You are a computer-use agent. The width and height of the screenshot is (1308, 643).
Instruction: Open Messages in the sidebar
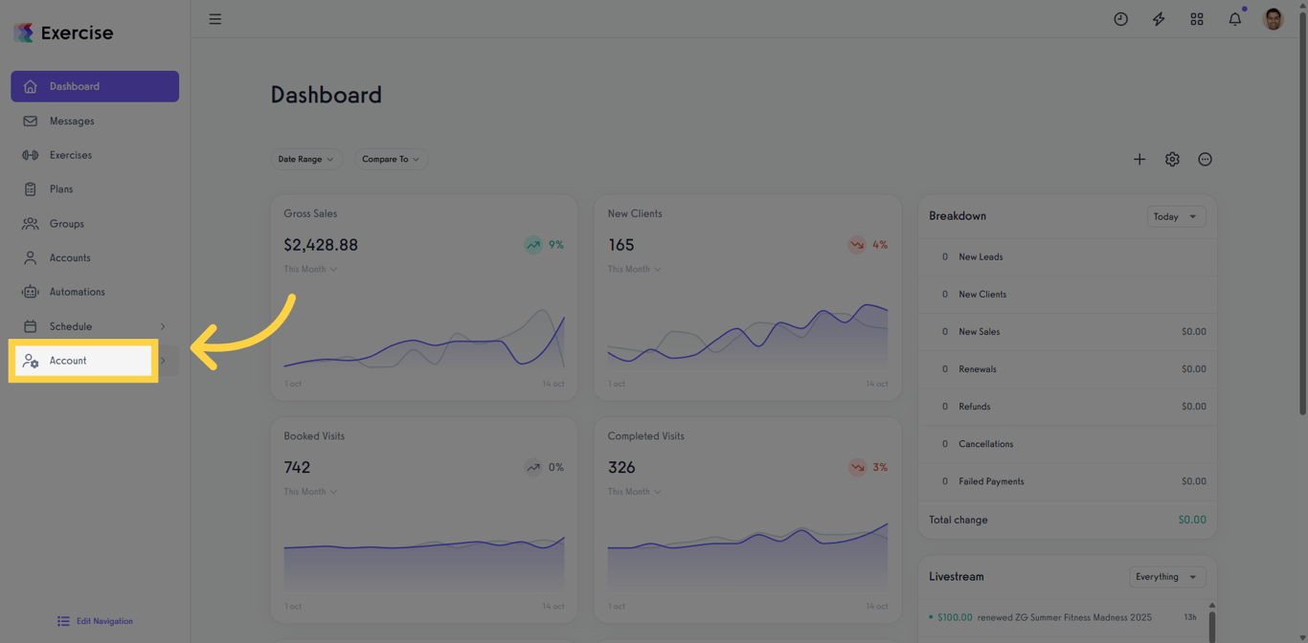(x=72, y=122)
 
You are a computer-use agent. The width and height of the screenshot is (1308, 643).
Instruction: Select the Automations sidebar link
(x=77, y=292)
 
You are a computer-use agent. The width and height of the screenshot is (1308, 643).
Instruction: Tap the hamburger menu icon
(x=215, y=19)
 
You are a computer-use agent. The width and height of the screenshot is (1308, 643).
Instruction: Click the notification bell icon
(x=1234, y=19)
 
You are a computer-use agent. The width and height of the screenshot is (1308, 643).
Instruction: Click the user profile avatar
(x=1273, y=19)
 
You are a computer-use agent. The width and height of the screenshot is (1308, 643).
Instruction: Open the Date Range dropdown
(x=305, y=159)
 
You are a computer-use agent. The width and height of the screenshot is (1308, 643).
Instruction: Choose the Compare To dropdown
(x=391, y=159)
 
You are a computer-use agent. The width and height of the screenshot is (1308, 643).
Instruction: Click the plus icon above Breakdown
(x=1139, y=160)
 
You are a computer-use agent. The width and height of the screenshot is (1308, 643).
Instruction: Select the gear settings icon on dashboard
(x=1172, y=160)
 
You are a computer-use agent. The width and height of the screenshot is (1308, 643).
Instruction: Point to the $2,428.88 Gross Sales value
(x=321, y=245)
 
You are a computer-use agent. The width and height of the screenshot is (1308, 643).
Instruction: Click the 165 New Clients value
(x=620, y=245)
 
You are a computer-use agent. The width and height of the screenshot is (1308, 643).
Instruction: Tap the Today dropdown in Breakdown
(x=1175, y=216)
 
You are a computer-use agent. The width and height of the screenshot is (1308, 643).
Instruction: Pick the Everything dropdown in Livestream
(x=1165, y=577)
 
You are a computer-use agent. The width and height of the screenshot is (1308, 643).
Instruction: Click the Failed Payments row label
(x=991, y=481)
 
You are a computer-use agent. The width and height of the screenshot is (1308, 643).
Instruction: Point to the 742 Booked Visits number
(x=297, y=467)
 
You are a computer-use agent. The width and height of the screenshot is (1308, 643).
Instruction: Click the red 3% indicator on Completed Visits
(x=868, y=467)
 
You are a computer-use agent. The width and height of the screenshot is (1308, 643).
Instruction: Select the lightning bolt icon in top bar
(x=1159, y=19)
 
